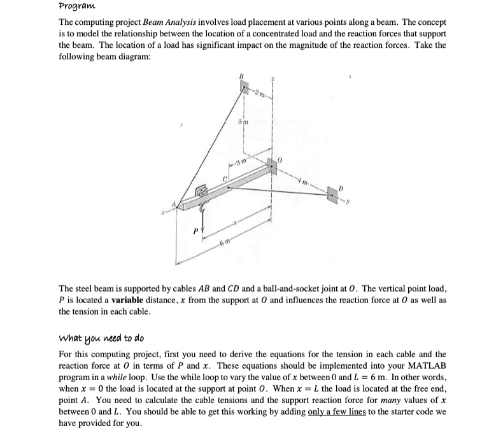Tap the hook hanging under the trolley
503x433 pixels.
(x=202, y=207)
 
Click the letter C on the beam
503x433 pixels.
(x=225, y=174)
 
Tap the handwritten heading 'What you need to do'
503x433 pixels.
(x=103, y=337)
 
